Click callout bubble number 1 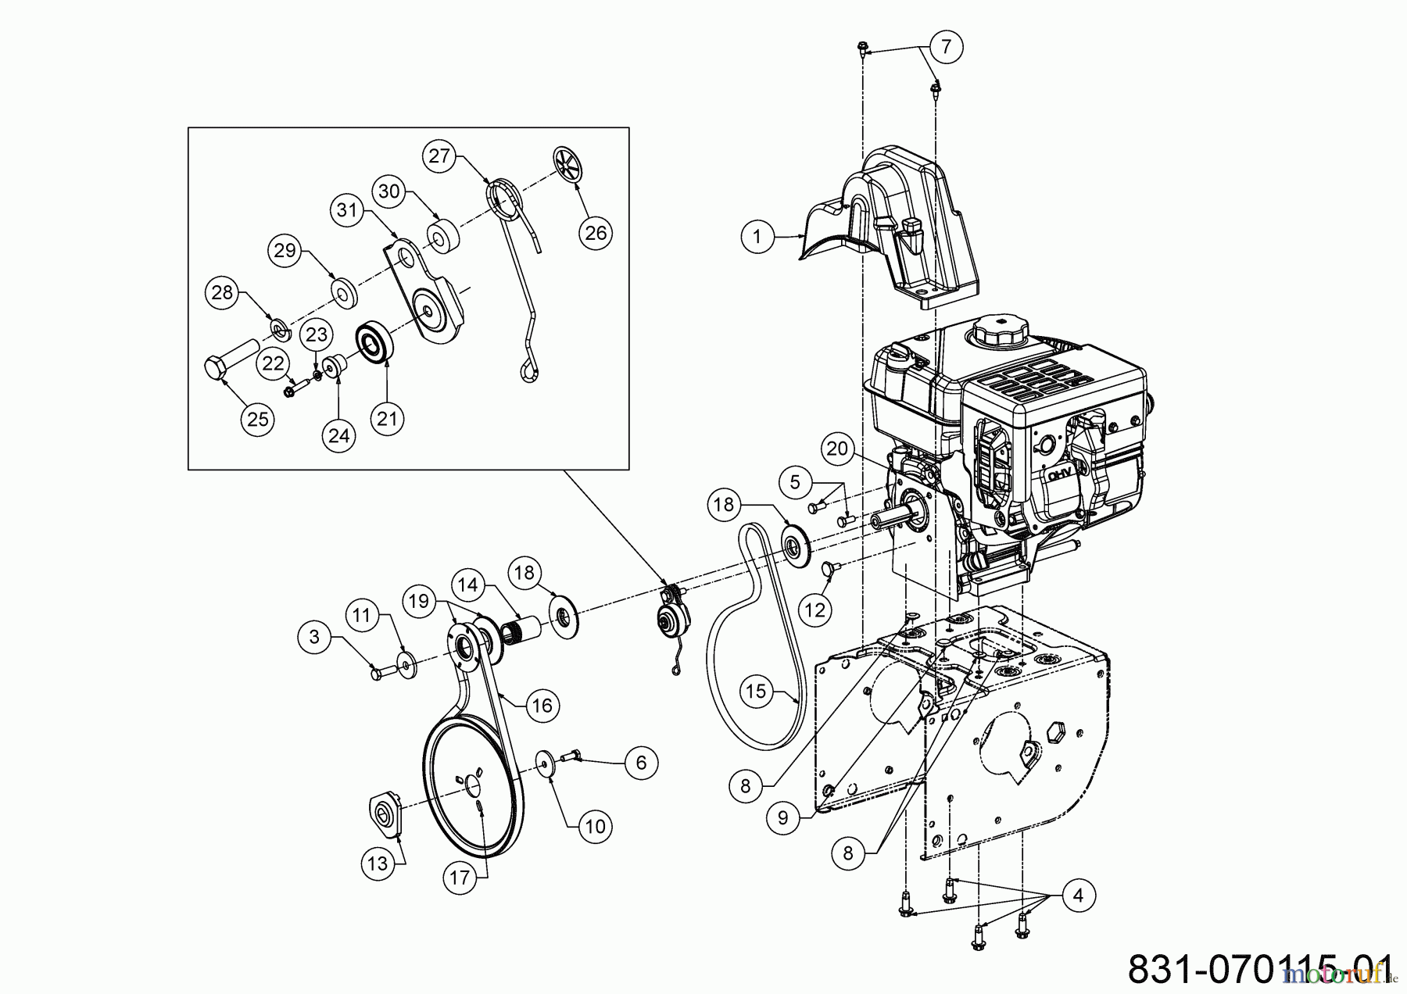[x=756, y=236]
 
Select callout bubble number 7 [x=946, y=47]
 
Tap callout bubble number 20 [x=836, y=449]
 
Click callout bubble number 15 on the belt [x=756, y=691]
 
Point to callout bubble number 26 [x=596, y=233]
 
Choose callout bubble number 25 [x=257, y=419]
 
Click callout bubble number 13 [x=378, y=864]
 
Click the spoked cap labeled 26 [x=570, y=164]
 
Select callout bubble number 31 [x=346, y=210]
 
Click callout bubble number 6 [x=642, y=761]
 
